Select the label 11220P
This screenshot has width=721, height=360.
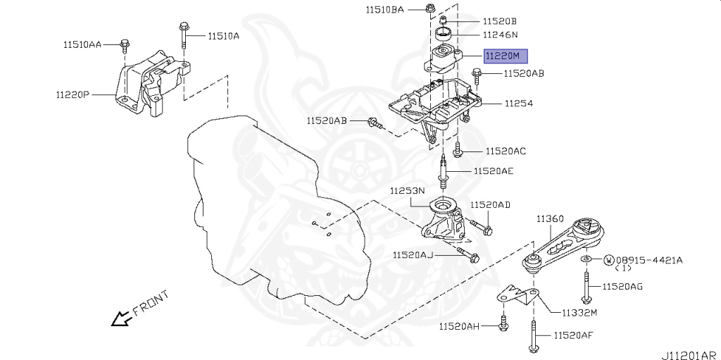pyautogui.click(x=73, y=93)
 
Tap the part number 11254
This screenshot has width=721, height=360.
pyautogui.click(x=518, y=103)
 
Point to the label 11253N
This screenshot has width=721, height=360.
pyautogui.click(x=408, y=190)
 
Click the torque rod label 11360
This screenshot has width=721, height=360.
pyautogui.click(x=550, y=219)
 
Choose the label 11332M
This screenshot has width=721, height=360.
pyautogui.click(x=579, y=312)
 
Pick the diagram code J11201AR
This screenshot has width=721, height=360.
pyautogui.click(x=688, y=354)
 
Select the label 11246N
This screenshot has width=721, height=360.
pyautogui.click(x=500, y=34)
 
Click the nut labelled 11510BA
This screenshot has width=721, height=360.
pyautogui.click(x=430, y=9)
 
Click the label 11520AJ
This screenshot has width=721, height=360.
pyautogui.click(x=413, y=255)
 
